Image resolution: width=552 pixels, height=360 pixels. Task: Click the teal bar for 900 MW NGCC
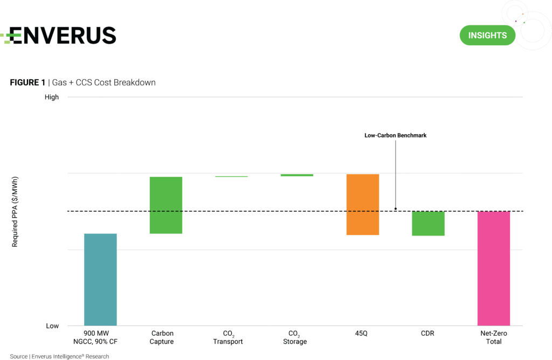100,279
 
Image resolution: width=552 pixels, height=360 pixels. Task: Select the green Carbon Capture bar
166,205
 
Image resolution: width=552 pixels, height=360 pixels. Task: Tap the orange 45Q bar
362,204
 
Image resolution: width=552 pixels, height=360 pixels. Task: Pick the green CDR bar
428,223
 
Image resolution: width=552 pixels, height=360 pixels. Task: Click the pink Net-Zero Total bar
494,268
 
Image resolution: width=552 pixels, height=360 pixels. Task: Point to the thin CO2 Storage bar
296,175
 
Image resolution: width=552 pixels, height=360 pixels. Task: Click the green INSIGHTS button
487,36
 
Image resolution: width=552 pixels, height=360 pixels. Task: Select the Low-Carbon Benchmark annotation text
395,136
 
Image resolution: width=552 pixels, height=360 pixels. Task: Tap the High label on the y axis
52,98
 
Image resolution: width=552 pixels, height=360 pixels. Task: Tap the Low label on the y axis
52,326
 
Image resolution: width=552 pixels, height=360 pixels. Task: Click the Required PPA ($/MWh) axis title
16,211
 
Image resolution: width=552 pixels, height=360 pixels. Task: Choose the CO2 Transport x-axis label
229,337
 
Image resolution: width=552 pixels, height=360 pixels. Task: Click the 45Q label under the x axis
362,334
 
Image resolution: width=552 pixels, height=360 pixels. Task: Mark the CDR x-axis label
428,334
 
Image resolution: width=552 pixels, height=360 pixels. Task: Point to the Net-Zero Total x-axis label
493,337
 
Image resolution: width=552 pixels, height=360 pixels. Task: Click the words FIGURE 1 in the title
27,82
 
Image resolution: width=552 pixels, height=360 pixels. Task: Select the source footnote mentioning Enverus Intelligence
59,356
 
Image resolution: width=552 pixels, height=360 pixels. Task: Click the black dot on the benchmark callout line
396,209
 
